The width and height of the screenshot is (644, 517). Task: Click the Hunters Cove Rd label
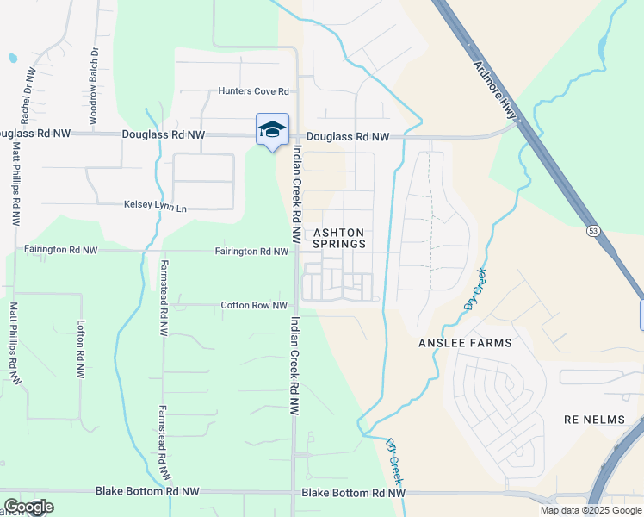253,90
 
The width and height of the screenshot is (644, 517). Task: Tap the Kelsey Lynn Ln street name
156,208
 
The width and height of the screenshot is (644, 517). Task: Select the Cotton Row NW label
254,305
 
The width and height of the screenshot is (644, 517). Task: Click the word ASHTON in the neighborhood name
339,233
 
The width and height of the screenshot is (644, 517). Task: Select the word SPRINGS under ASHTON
339,245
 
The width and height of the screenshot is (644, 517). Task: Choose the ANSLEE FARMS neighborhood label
465,343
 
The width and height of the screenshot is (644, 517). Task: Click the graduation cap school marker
272,129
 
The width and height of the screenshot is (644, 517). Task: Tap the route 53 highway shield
592,231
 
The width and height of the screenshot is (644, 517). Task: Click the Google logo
28,507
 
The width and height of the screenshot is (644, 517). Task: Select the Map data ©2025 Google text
591,510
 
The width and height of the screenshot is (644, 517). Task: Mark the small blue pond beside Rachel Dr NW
12,59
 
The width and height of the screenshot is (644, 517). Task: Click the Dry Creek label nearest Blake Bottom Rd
394,462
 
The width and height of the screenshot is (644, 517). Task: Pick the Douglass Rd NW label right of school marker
348,136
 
